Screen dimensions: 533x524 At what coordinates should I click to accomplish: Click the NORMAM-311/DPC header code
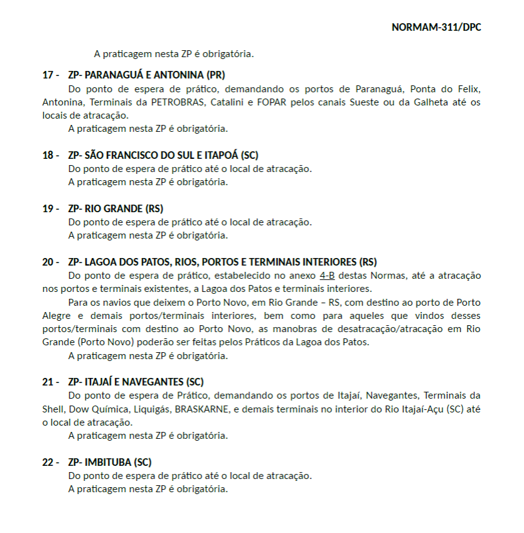click(x=436, y=28)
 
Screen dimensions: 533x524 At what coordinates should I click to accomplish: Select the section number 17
click(x=48, y=75)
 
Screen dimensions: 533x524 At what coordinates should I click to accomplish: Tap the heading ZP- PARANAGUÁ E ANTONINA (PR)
click(x=146, y=75)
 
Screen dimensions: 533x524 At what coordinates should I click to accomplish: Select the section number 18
click(x=48, y=155)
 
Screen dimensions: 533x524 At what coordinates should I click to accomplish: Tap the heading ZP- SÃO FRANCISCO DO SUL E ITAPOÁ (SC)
click(x=163, y=155)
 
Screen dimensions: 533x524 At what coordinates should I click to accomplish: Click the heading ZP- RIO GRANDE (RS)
click(x=115, y=208)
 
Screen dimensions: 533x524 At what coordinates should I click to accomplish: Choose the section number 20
click(x=48, y=262)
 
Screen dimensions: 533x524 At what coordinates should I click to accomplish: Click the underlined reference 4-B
click(x=327, y=276)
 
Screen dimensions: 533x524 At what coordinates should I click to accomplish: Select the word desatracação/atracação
click(x=400, y=329)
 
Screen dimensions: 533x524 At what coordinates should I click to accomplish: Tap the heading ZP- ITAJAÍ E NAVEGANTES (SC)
click(x=136, y=382)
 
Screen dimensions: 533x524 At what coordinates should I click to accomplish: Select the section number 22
click(x=48, y=462)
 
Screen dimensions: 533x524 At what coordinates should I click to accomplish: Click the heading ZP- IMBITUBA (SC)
click(x=110, y=462)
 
